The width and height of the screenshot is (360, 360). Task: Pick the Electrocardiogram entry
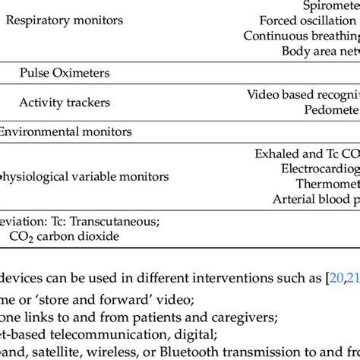pyautogui.click(x=318, y=169)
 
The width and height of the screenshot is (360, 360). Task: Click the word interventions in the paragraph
pyautogui.click(x=198, y=279)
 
